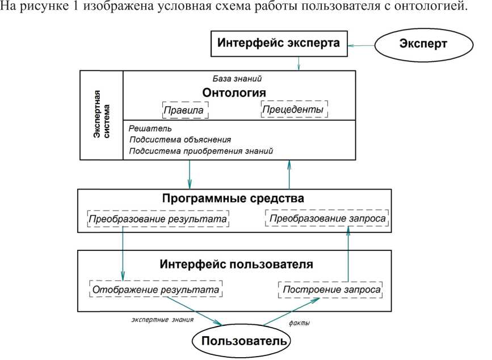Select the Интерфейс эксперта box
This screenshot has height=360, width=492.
tap(279, 43)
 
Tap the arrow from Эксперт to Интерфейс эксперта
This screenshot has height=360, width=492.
tap(363, 45)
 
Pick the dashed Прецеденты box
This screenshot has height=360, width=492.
tap(295, 108)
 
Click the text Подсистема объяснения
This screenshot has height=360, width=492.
tap(180, 140)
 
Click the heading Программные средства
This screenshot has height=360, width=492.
tap(234, 199)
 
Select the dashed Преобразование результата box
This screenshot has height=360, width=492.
tap(158, 219)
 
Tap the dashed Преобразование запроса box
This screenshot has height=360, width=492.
tap(327, 219)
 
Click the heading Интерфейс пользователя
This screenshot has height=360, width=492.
tap(236, 265)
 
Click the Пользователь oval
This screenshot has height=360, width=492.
tap(241, 342)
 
